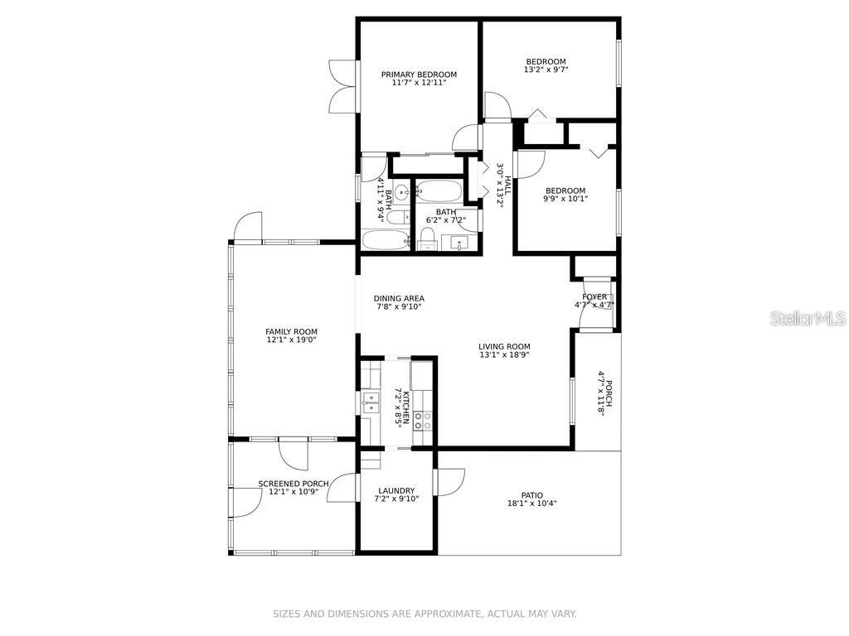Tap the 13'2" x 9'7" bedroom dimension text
pos(546,70)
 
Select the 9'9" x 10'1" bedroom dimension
pos(565,199)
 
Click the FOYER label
pos(594,296)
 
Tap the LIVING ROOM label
pos(504,346)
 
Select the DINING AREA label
pos(399,298)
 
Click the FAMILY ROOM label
pos(291,331)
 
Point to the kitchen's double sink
pos(370,402)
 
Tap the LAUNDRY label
pos(395,490)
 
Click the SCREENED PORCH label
pos(294,484)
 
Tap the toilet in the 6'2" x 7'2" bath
pos(427,238)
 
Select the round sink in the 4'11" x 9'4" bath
pos(401,193)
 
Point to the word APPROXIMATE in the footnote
pos(442,614)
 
